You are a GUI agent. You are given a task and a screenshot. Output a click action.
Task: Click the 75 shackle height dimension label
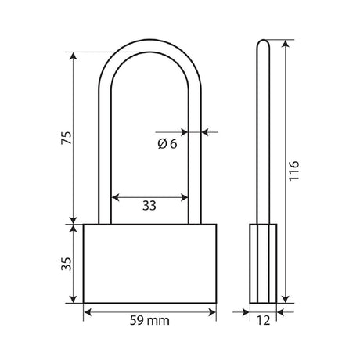click(x=66, y=138)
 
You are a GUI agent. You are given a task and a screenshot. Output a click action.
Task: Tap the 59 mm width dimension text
click(x=149, y=321)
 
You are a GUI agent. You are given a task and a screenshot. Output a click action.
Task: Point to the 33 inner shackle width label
click(x=149, y=207)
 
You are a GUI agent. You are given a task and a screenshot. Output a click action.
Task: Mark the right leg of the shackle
click(x=194, y=157)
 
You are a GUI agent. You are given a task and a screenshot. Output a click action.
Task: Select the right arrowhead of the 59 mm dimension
click(x=211, y=311)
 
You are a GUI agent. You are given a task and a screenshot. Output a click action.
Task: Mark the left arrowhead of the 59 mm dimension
click(x=87, y=311)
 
